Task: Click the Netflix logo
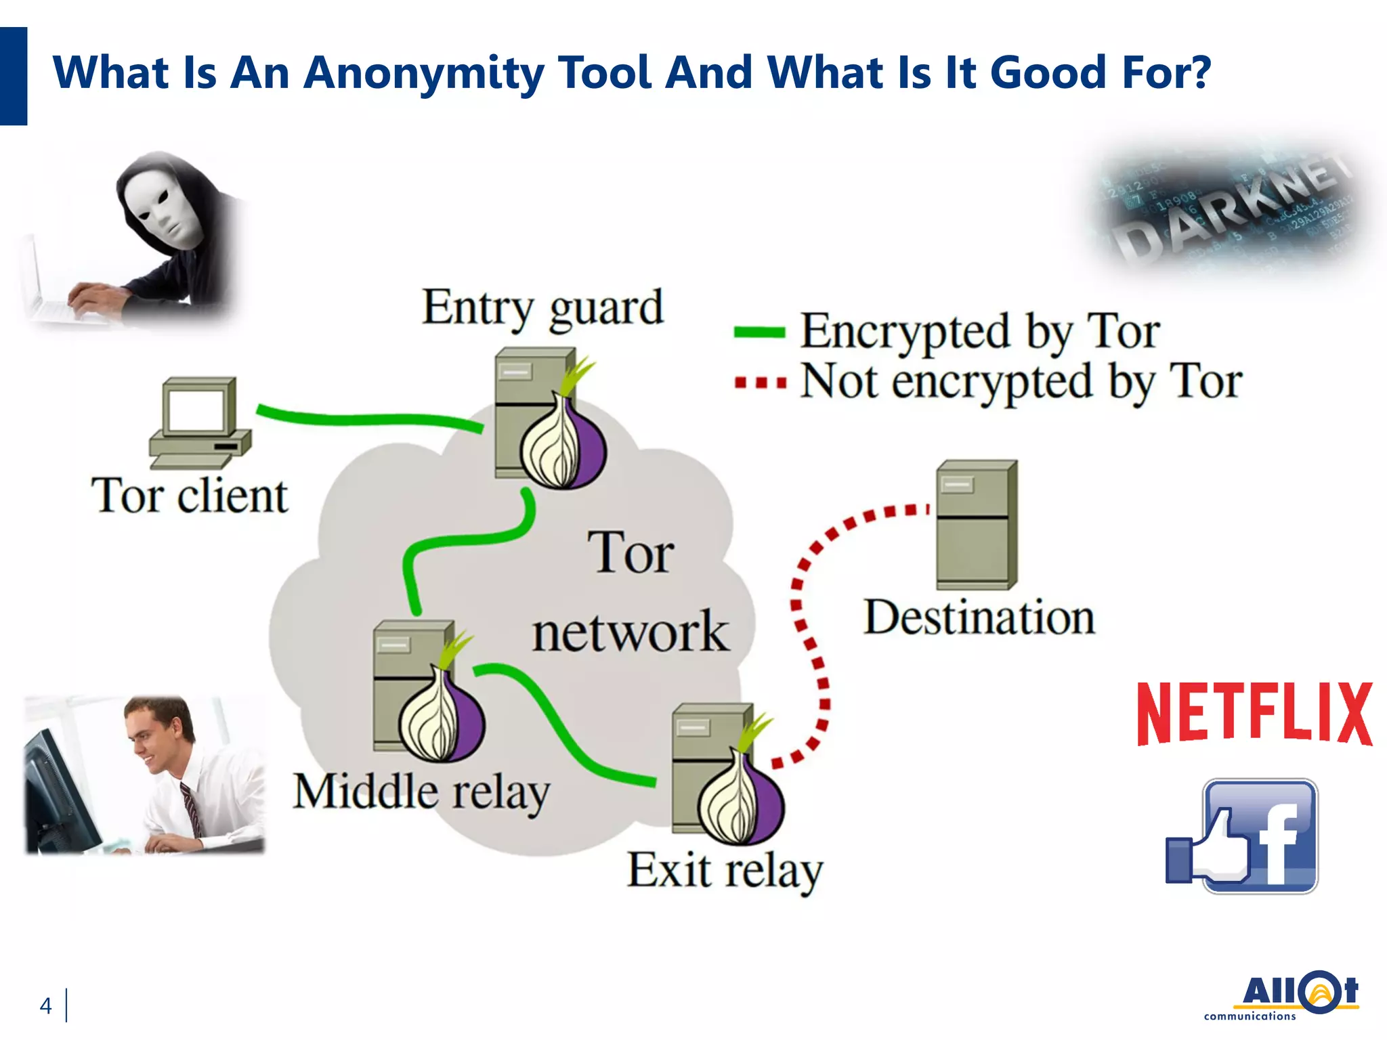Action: coord(1254,714)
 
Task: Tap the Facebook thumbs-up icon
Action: coord(1241,837)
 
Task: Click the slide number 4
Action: coord(45,1005)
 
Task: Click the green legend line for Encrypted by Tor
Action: coord(759,332)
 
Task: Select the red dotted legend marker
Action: coord(761,383)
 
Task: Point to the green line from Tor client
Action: coord(366,419)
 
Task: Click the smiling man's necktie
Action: coord(192,809)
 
